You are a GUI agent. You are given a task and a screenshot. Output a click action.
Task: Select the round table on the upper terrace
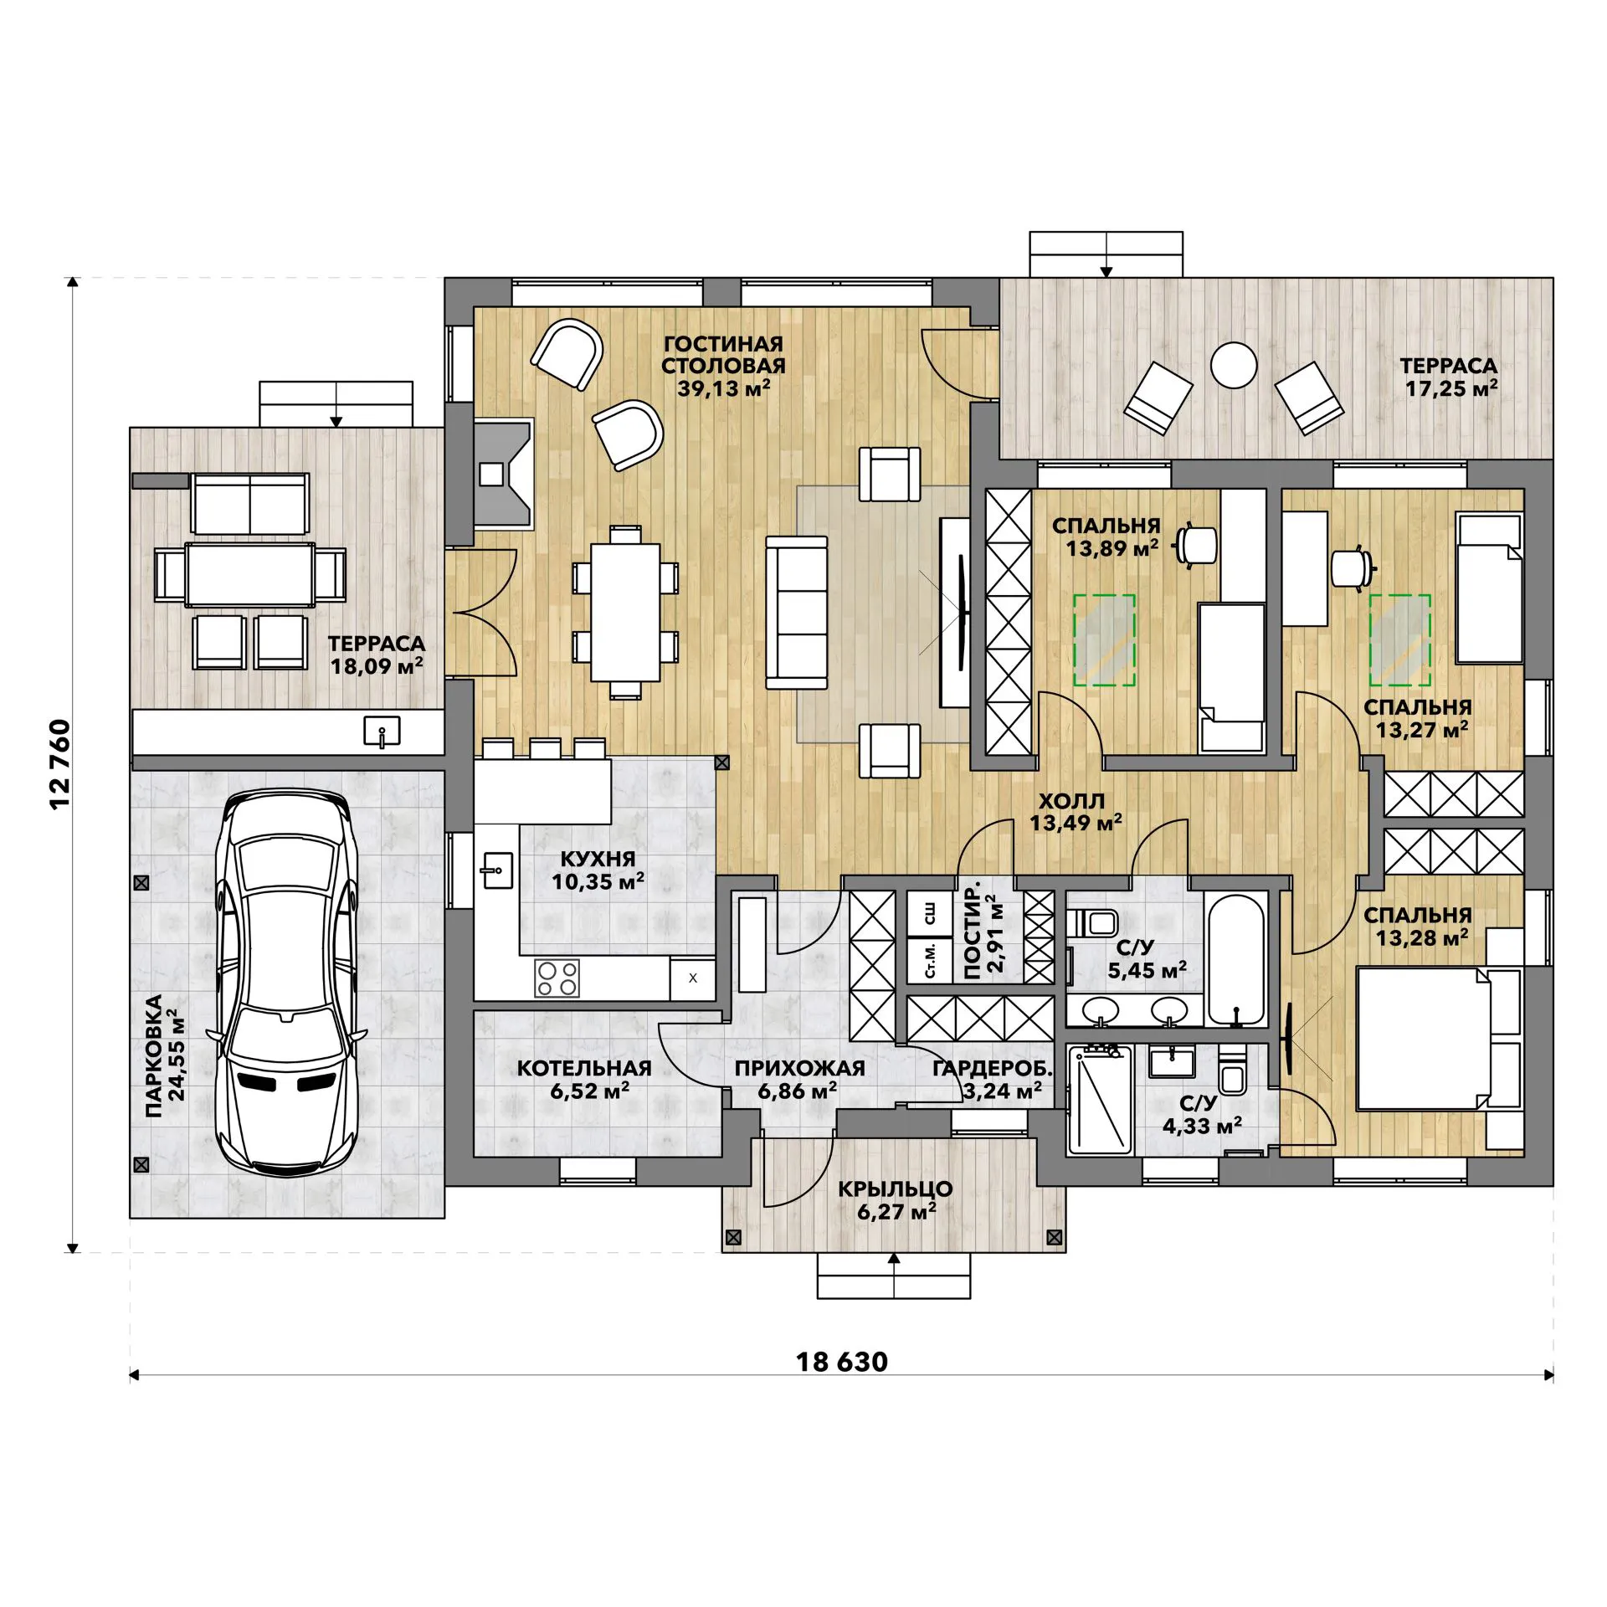pyautogui.click(x=1234, y=365)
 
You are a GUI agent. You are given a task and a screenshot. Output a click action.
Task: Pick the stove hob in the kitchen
pyautogui.click(x=557, y=978)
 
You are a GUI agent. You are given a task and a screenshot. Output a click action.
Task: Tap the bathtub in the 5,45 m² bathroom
pyautogui.click(x=1235, y=961)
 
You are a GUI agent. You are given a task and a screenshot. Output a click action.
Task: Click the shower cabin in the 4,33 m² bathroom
pyautogui.click(x=1100, y=1101)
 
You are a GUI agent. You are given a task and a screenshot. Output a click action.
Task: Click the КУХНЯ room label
pyautogui.click(x=598, y=859)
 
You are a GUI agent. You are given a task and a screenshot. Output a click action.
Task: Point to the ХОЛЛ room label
pyautogui.click(x=1071, y=801)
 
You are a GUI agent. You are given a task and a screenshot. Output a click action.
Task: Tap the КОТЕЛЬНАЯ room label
pyautogui.click(x=584, y=1068)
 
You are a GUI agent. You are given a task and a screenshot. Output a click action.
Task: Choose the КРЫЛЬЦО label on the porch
pyautogui.click(x=896, y=1189)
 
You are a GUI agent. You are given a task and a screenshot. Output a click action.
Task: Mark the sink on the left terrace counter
pyautogui.click(x=382, y=732)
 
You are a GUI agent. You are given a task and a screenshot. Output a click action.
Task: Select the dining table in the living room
pyautogui.click(x=625, y=613)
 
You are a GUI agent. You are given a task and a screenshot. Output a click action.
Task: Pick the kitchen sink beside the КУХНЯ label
pyautogui.click(x=497, y=870)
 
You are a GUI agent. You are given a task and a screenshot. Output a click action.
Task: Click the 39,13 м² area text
pyautogui.click(x=723, y=388)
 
